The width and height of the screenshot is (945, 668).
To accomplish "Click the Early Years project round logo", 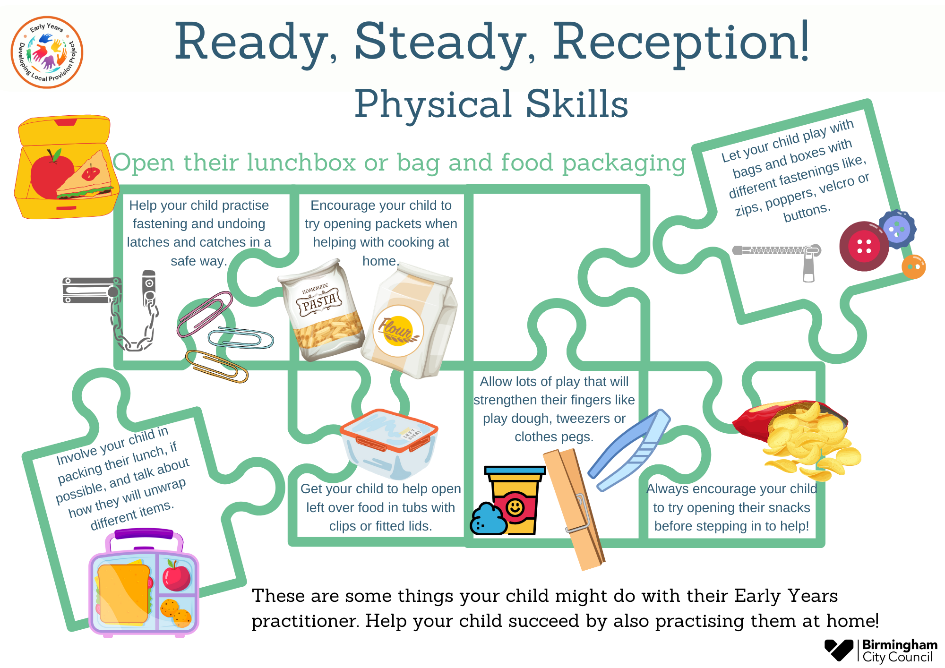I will [x=47, y=52].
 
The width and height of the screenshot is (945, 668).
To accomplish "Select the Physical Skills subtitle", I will [x=491, y=104].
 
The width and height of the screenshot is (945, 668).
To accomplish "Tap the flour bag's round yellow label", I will [x=398, y=331].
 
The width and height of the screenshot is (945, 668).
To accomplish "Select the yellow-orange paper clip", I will [x=217, y=366].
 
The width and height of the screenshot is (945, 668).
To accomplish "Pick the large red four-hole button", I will [x=864, y=246].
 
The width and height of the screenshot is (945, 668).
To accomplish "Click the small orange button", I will [x=913, y=267].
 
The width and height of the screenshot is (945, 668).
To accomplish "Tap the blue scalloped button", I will [x=897, y=229].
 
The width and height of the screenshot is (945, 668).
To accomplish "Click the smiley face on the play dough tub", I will [x=515, y=508].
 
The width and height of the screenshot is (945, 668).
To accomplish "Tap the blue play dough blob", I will [x=488, y=520].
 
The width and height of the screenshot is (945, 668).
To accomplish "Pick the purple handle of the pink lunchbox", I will [x=144, y=534].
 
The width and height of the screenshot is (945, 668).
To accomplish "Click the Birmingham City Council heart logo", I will [x=839, y=650].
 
